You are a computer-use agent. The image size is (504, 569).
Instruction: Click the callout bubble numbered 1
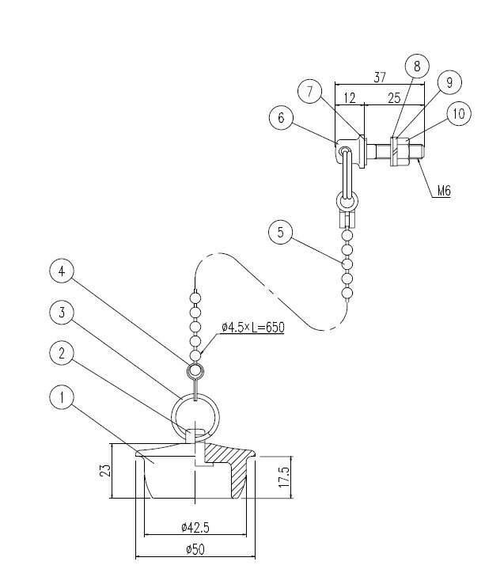62,397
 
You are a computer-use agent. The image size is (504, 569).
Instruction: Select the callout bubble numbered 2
62,353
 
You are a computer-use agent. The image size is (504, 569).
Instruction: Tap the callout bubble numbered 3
62,313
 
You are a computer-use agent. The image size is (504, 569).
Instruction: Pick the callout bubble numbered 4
62,271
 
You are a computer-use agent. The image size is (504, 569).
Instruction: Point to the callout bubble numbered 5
281,232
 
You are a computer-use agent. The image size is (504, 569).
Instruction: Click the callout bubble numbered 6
281,118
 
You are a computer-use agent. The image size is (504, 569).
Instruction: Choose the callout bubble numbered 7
310,92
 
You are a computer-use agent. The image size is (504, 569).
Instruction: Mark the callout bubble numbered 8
417,66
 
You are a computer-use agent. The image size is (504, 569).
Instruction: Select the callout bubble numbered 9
449,82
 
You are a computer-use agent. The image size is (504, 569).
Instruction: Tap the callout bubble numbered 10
459,114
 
